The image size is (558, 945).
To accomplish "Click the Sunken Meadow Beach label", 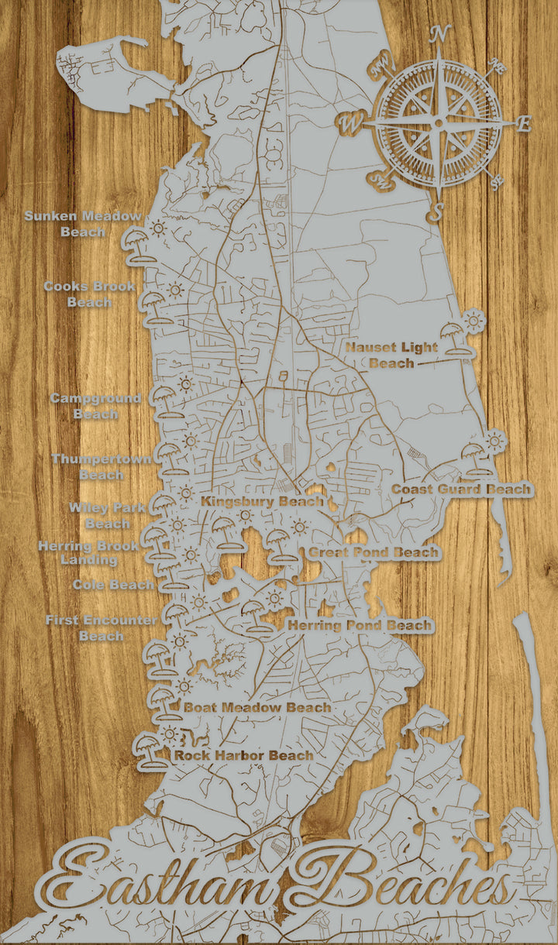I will (x=83, y=224).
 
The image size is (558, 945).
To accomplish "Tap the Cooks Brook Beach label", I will (x=89, y=294).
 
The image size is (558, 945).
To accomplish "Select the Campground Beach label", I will (x=95, y=406).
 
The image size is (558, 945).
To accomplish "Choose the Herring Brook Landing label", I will (x=88, y=552).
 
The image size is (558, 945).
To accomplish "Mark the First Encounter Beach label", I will (x=102, y=628).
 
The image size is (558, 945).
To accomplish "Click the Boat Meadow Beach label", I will (x=257, y=707).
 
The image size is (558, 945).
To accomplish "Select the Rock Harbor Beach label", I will (x=243, y=755).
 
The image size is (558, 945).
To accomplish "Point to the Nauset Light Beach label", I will (x=391, y=355).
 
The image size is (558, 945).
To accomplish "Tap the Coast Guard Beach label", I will (x=462, y=490).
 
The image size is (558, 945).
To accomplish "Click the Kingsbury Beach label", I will (x=262, y=502).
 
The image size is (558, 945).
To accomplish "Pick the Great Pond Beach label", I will (x=374, y=553).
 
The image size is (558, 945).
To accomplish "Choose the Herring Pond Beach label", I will (x=360, y=625).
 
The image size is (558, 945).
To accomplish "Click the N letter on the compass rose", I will (x=440, y=35).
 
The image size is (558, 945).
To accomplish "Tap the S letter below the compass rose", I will (x=439, y=211).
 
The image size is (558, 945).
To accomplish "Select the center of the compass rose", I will (x=439, y=122).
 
